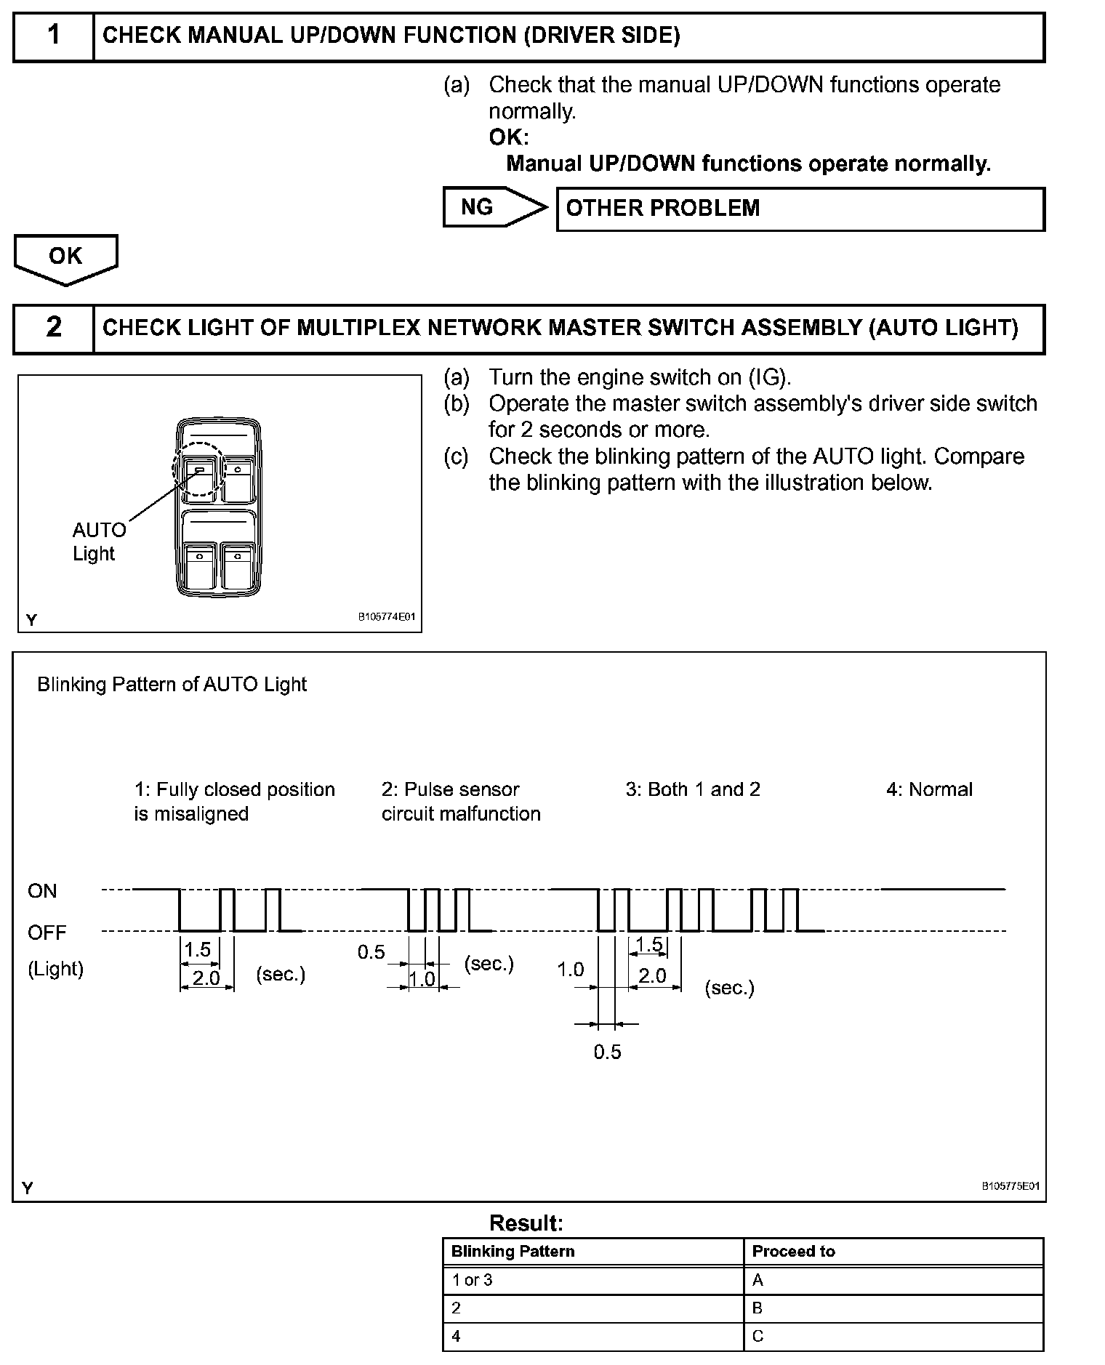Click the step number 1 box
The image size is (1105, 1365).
(x=54, y=36)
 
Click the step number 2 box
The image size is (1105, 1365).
(x=54, y=328)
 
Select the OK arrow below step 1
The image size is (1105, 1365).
(x=65, y=257)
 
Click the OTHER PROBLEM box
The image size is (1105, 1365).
(x=800, y=209)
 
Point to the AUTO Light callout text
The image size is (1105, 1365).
(x=98, y=541)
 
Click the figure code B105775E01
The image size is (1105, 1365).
(x=1010, y=1185)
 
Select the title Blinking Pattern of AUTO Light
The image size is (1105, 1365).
(x=172, y=685)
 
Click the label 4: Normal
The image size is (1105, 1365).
(x=929, y=790)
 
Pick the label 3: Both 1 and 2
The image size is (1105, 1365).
(x=693, y=790)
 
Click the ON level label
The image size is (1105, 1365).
(x=42, y=891)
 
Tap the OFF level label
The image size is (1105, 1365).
(x=47, y=933)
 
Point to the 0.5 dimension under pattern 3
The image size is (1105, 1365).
(x=607, y=1052)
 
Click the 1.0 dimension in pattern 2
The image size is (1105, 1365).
(x=422, y=979)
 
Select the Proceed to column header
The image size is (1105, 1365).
(x=793, y=1252)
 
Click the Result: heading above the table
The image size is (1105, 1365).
(x=526, y=1223)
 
